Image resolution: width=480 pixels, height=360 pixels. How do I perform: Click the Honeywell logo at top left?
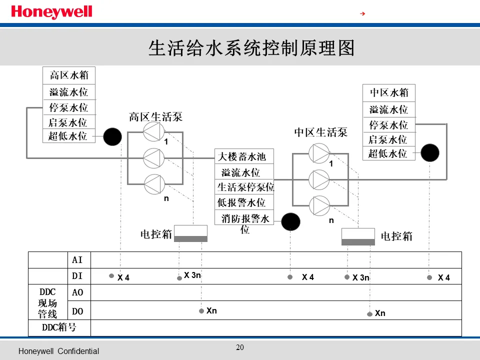pos(51,12)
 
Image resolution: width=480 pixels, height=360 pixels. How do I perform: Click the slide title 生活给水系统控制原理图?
pos(251,48)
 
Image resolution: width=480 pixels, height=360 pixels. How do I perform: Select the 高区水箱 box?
pos(69,75)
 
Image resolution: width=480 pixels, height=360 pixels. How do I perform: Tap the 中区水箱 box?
pos(389,92)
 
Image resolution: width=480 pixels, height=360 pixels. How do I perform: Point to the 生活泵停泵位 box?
pos(245,187)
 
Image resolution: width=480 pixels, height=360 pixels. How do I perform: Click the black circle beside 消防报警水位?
pos(290,221)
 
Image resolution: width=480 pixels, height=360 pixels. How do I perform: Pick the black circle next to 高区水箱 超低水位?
pos(112,136)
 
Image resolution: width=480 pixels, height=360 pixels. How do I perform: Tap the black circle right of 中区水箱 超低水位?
pos(429,152)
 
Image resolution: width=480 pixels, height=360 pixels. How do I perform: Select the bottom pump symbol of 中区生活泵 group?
pos(318,205)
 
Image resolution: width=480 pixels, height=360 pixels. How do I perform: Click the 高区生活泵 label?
pos(155,117)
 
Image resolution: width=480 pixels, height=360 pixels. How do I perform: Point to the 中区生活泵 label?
pos(320,132)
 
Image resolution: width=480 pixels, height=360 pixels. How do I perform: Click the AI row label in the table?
pos(77,260)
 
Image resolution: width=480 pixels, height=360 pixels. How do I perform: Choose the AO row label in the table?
pos(77,293)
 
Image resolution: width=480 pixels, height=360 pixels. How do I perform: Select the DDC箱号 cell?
pos(59,328)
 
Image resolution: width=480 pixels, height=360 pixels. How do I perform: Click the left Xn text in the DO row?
pos(211,311)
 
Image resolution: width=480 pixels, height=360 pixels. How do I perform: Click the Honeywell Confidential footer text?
pos(58,351)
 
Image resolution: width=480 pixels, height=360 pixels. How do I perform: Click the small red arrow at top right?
pos(363,13)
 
